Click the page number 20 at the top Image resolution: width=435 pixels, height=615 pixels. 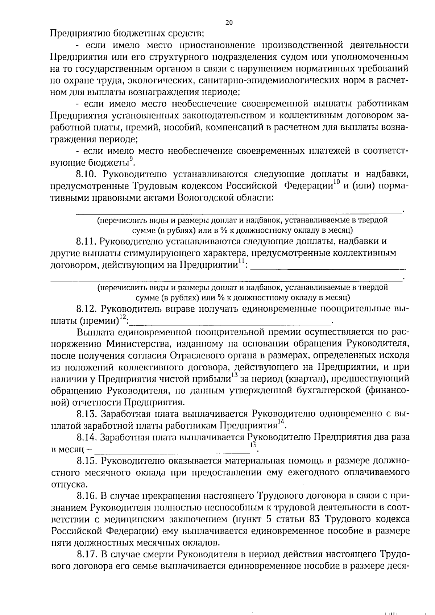[229, 22]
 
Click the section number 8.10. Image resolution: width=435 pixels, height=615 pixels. [86, 174]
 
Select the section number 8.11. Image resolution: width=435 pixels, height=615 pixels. [86, 241]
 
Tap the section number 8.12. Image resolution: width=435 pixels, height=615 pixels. [86, 309]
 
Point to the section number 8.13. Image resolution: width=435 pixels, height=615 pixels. [86, 414]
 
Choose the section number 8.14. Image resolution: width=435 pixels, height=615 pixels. [86, 437]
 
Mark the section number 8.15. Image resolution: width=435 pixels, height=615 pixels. [86, 461]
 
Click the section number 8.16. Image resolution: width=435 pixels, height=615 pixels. [86, 496]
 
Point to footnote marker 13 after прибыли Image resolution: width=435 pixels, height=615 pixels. [234, 375]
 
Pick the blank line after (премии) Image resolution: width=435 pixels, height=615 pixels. [232, 322]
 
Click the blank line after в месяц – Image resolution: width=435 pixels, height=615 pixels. [170, 450]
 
